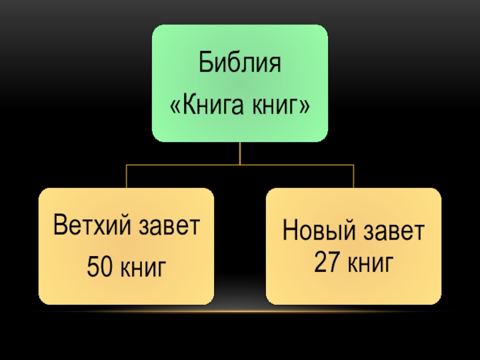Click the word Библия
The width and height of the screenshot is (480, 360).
tap(239, 64)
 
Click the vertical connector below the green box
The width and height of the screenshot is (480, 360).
tap(239, 153)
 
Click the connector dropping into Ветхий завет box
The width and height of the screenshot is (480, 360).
tap(126, 177)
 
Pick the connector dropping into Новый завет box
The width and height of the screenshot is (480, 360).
tap(353, 177)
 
